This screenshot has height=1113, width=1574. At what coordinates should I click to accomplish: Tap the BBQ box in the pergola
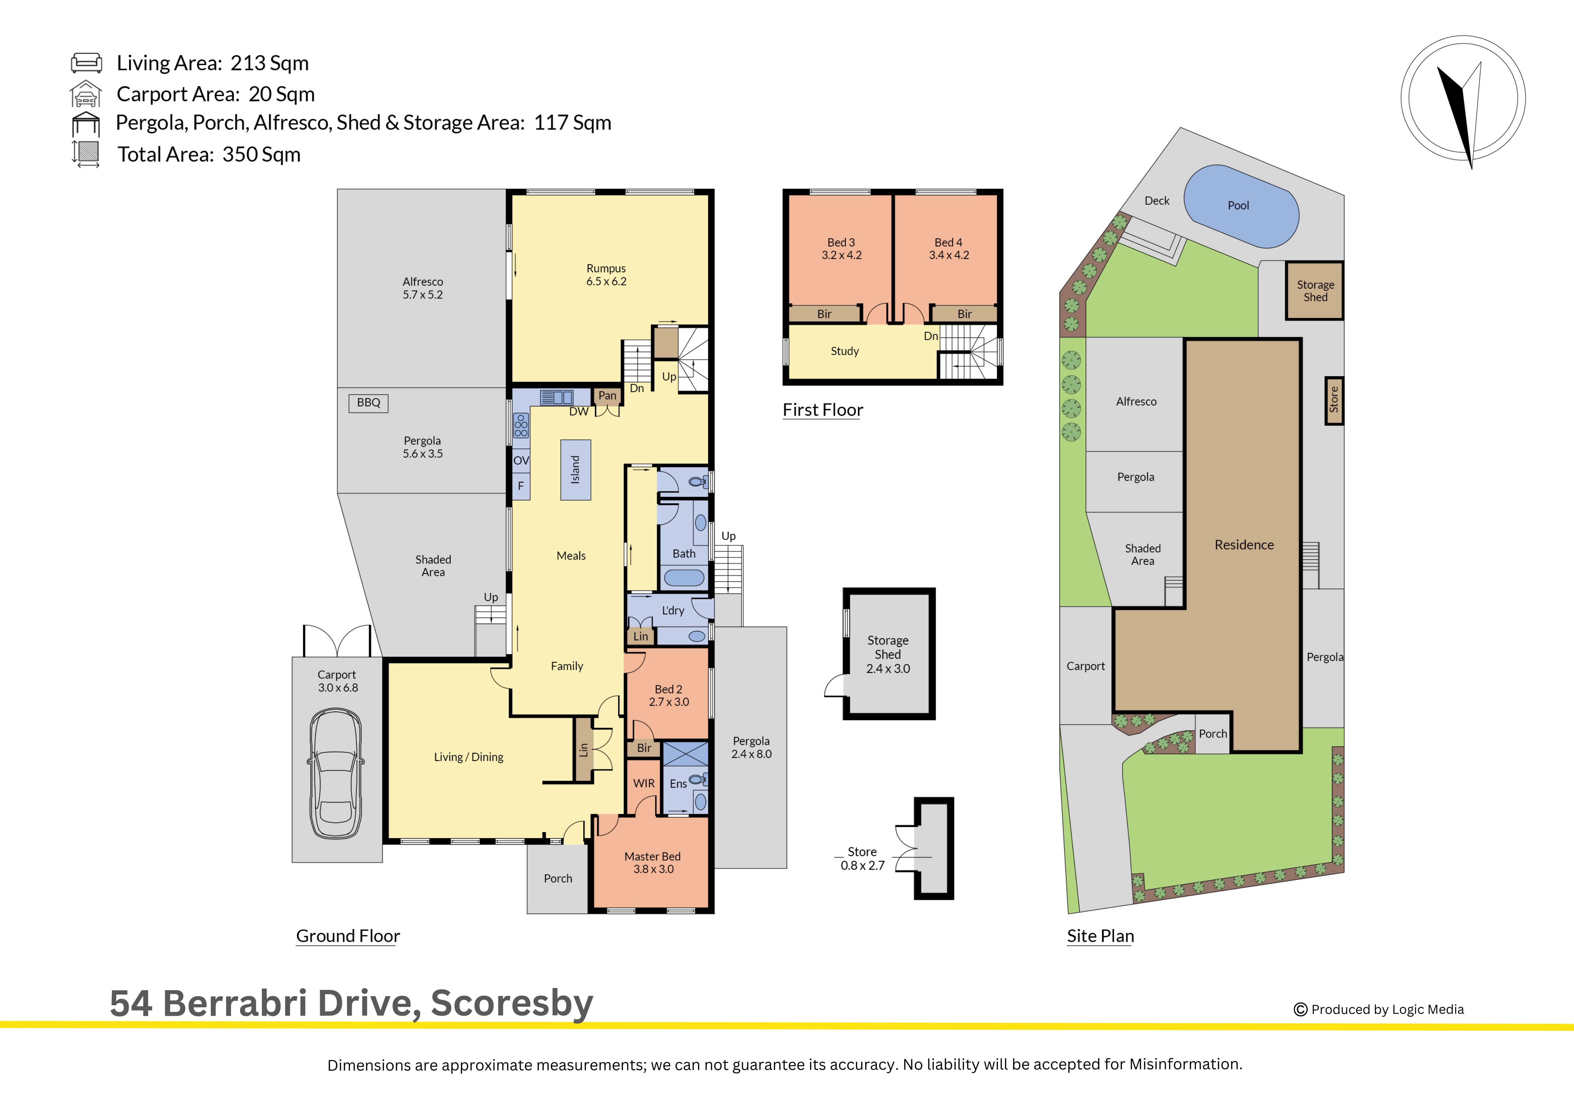point(369,402)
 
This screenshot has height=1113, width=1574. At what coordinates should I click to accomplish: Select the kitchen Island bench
point(575,470)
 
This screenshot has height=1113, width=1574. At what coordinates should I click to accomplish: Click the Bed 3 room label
point(841,242)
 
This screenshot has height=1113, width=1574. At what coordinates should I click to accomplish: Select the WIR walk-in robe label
point(644,783)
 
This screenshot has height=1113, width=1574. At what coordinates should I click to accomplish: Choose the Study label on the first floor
point(845,351)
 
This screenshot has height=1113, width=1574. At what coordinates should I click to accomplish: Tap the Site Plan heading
point(1100,936)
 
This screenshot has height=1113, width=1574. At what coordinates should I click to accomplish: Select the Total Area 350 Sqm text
point(209,154)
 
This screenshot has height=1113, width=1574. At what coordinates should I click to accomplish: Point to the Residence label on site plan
point(1244,545)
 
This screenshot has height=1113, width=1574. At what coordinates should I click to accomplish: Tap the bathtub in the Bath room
point(684,578)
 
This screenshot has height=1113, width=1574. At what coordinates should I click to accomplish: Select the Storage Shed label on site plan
point(1315,291)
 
